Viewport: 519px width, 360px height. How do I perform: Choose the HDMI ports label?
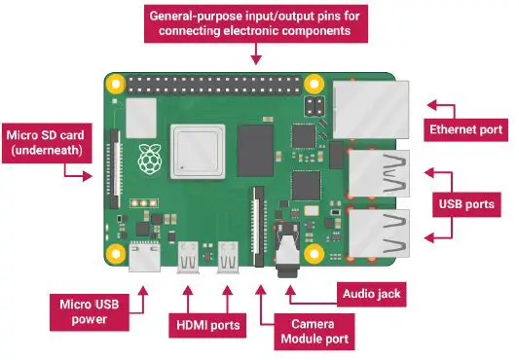tap(207, 323)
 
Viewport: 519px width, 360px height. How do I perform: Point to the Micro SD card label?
tap(49, 141)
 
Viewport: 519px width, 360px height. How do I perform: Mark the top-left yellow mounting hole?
tap(115, 85)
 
